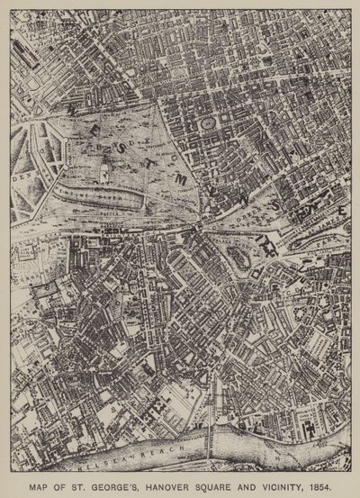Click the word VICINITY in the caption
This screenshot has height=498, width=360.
click(x=287, y=482)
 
